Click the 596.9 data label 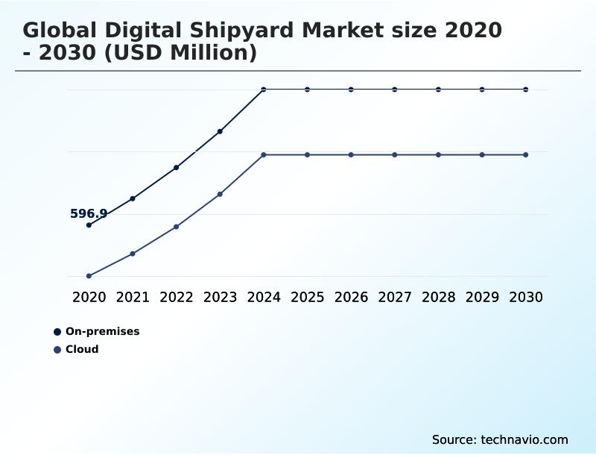(89, 214)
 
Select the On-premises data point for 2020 (89, 225)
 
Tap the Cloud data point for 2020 (89, 276)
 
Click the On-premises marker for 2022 (177, 168)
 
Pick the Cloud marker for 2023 (220, 194)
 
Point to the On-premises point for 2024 (264, 90)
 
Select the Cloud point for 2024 (264, 154)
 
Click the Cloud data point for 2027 (395, 154)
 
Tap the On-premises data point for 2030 (526, 90)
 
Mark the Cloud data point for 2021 (133, 254)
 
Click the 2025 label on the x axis (307, 297)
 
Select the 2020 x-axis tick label (89, 297)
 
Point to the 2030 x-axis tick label (526, 297)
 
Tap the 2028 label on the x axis (438, 297)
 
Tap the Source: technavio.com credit (500, 439)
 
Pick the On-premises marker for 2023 (220, 131)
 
